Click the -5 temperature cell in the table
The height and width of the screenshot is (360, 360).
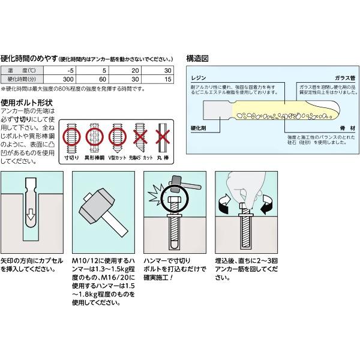tap(68, 71)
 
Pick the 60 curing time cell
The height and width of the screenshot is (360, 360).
tap(103, 79)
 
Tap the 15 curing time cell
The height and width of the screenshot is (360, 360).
tap(168, 79)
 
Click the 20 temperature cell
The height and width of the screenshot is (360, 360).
tap(135, 71)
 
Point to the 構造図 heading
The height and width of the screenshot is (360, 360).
tap(197, 59)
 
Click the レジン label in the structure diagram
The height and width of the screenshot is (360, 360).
tap(198, 79)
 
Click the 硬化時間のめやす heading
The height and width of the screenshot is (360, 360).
tap(29, 59)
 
